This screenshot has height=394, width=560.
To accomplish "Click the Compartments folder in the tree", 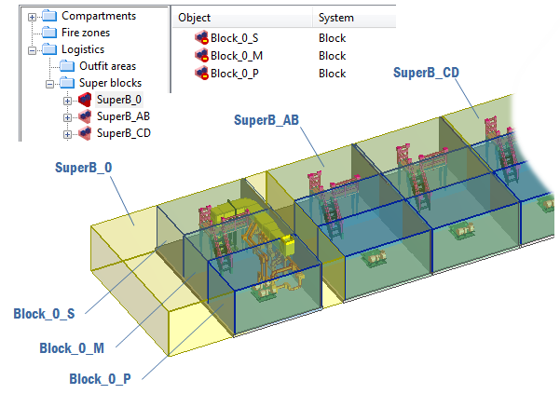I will point(98,16).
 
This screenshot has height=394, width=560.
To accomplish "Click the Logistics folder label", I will point(83,49).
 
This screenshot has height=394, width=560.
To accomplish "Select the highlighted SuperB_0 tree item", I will point(119,100).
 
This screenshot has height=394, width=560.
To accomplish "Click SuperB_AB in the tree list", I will point(123,116).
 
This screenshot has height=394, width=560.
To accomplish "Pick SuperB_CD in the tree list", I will point(123,133).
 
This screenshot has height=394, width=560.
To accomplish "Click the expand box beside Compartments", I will point(33,16).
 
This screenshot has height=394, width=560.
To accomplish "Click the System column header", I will point(335,18).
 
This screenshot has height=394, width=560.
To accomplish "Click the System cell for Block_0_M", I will point(332,56).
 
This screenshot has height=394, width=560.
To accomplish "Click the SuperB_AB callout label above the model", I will point(266,120).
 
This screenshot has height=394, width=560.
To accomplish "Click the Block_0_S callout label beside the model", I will point(45,315).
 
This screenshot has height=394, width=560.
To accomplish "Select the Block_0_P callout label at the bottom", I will point(100,379).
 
